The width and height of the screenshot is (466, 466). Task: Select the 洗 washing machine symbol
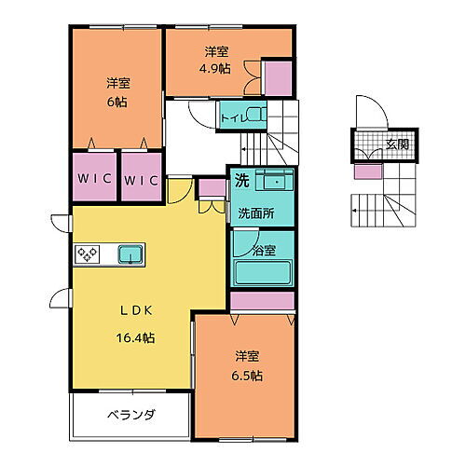[240, 180]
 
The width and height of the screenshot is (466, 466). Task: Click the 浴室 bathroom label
[265, 250]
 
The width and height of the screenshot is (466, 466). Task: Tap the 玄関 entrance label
[397, 145]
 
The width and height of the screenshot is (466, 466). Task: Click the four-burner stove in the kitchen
[88, 254]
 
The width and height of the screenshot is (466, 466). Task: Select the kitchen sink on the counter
[130, 254]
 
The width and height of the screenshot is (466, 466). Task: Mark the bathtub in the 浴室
[262, 274]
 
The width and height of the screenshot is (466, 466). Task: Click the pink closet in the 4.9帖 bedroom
[277, 78]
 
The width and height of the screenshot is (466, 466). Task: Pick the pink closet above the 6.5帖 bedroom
[262, 302]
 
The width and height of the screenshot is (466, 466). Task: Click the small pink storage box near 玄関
[366, 171]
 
